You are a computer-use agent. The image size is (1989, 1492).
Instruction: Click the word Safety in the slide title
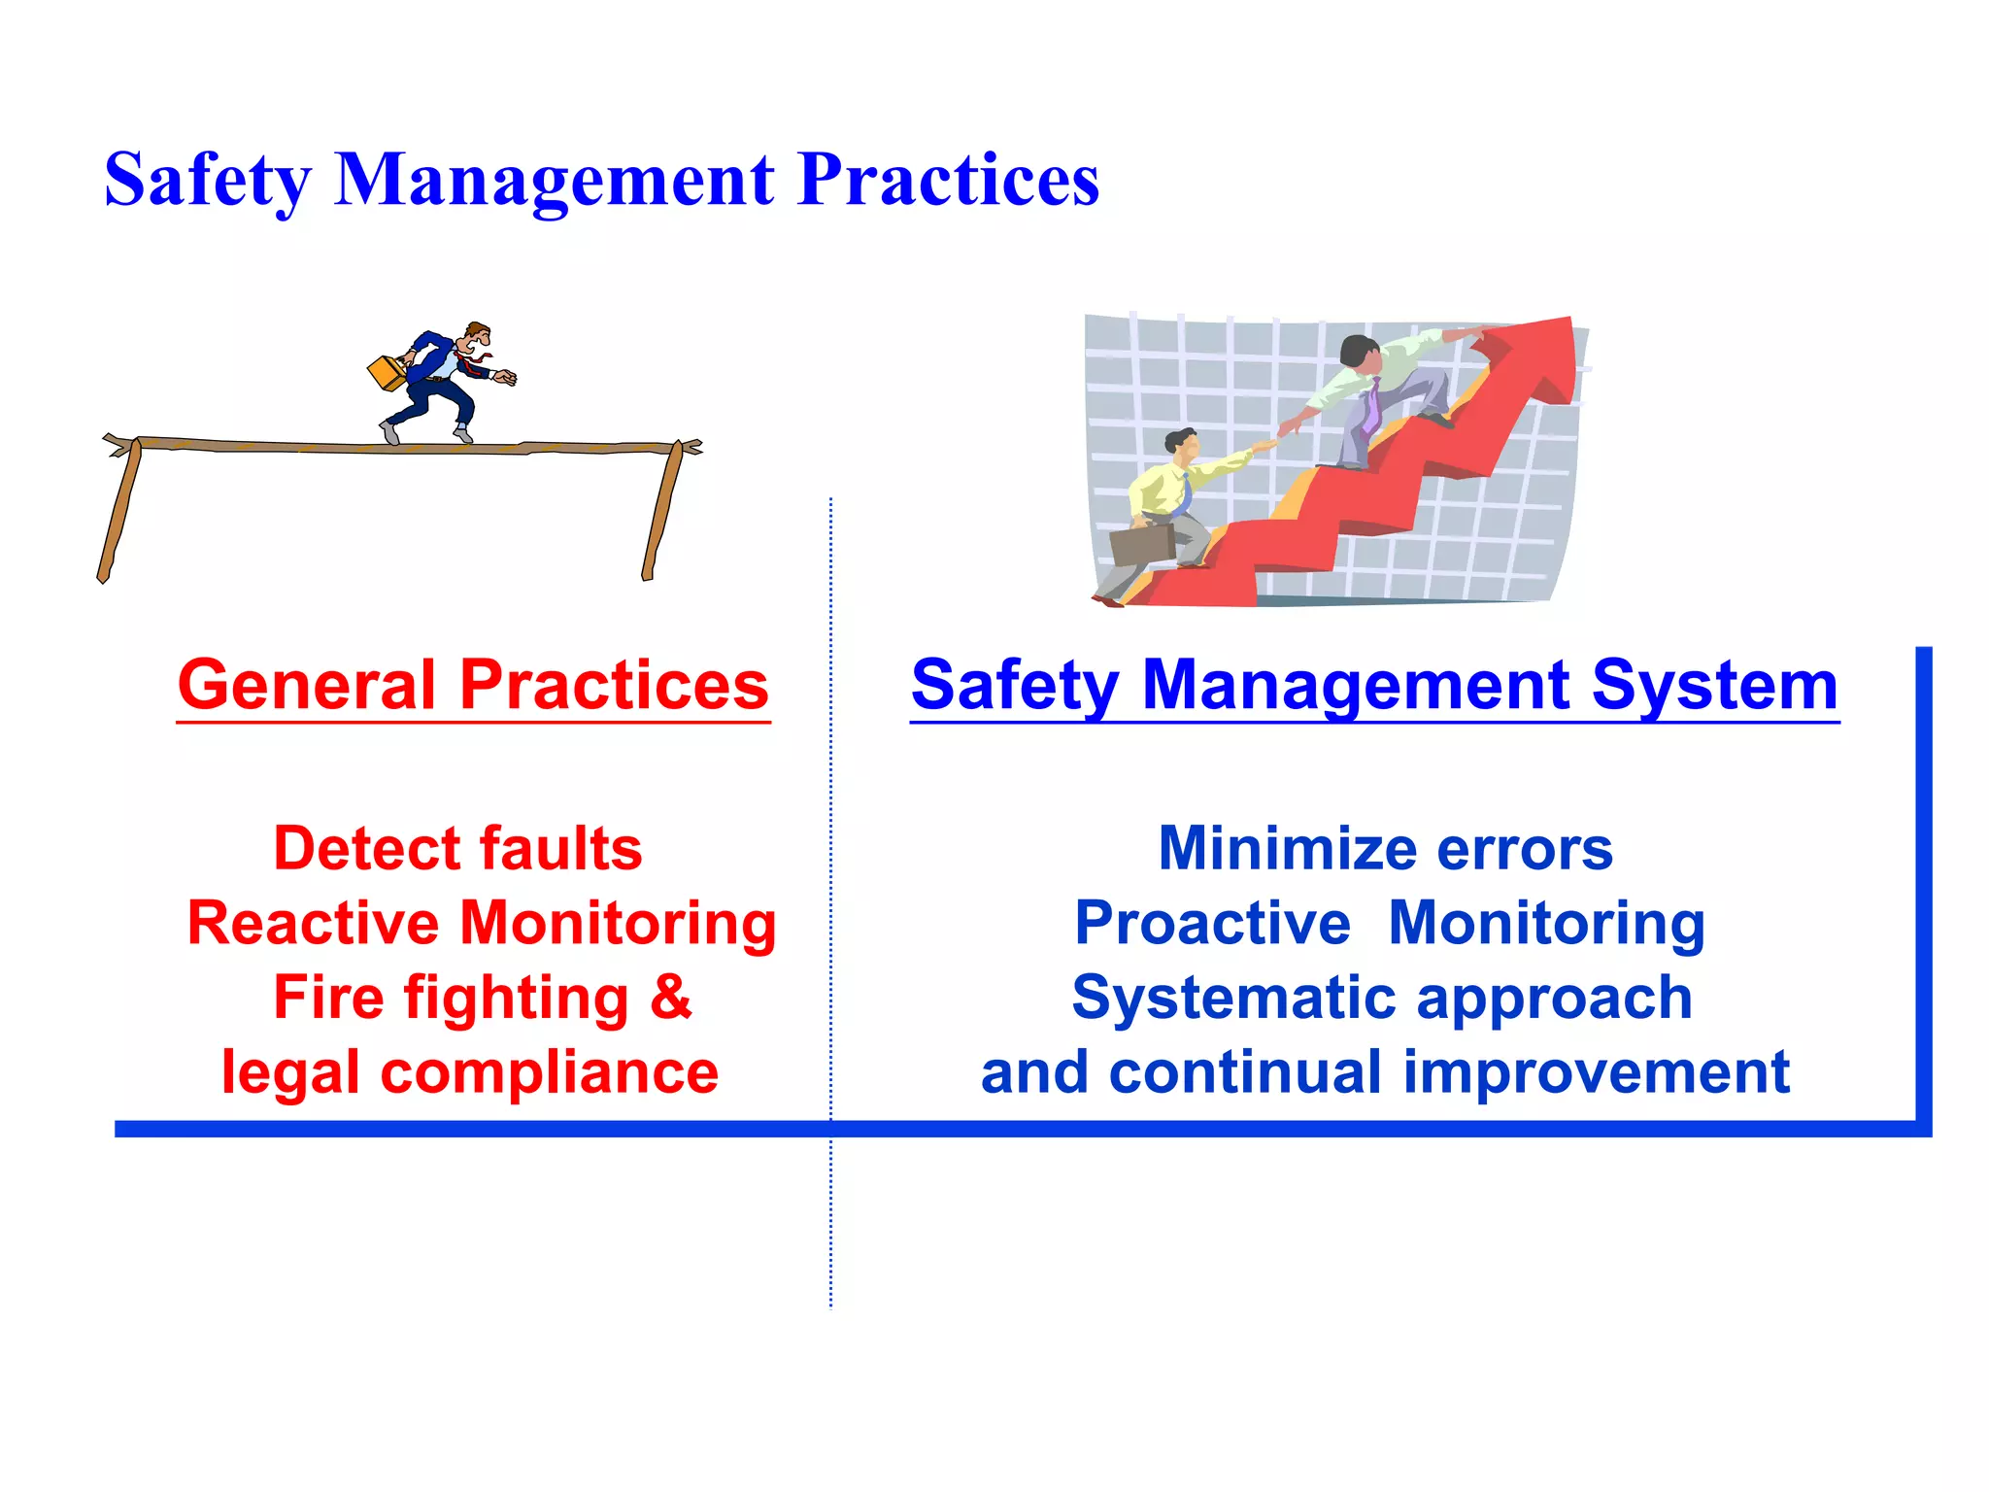tap(208, 181)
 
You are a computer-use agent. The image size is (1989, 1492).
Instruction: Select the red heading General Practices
tap(473, 686)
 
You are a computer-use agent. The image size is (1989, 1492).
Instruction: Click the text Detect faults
tap(457, 848)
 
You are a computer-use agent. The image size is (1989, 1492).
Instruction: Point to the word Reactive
tap(313, 923)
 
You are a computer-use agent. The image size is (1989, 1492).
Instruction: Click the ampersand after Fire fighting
tap(671, 997)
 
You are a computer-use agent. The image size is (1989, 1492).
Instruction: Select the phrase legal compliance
tap(470, 1072)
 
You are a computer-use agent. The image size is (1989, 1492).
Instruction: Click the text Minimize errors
tap(1385, 848)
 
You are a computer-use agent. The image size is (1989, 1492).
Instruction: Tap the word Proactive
tap(1212, 923)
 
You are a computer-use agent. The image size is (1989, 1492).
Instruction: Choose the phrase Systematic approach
tap(1382, 998)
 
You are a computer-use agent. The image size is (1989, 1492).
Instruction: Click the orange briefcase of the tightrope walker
tap(387, 373)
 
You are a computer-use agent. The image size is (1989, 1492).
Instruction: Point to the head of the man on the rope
tap(477, 337)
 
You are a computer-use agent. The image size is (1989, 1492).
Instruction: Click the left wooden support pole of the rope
tap(119, 510)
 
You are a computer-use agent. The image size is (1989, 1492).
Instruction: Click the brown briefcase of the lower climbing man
tap(1142, 545)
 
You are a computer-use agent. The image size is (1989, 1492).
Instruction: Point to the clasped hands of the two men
tap(1279, 433)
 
